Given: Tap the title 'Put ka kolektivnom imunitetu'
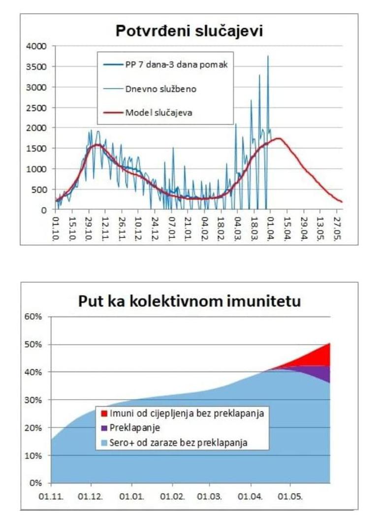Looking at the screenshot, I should coord(190,300).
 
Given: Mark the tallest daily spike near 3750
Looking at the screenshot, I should coord(268,57).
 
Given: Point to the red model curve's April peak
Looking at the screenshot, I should coord(279,139).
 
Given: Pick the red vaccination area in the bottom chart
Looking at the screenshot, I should coord(317,356).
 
